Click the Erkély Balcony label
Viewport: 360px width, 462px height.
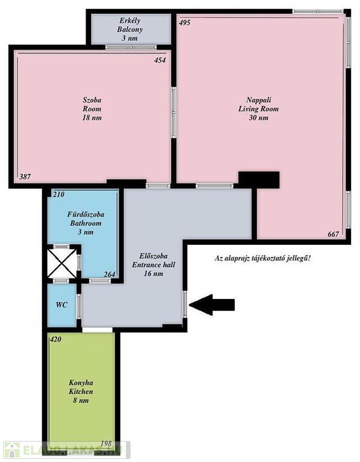129,29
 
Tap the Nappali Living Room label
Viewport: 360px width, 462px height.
258,109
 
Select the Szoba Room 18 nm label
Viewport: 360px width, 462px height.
92,109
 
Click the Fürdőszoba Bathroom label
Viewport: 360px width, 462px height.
85,223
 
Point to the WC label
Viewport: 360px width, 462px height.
61,304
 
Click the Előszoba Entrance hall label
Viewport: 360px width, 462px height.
154,265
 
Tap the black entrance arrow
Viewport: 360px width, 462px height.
212,304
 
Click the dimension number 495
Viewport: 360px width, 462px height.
185,23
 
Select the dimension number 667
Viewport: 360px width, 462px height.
333,234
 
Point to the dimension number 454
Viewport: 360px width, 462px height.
160,60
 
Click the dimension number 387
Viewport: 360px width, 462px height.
25,177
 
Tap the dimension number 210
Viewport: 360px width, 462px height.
58,194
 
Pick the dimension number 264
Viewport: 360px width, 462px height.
110,274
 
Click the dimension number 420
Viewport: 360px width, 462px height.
55,339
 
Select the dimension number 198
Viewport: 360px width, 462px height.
106,443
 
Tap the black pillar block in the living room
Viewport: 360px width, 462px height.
259,180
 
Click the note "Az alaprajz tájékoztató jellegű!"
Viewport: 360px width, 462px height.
262,259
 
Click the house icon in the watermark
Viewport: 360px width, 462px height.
12,450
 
